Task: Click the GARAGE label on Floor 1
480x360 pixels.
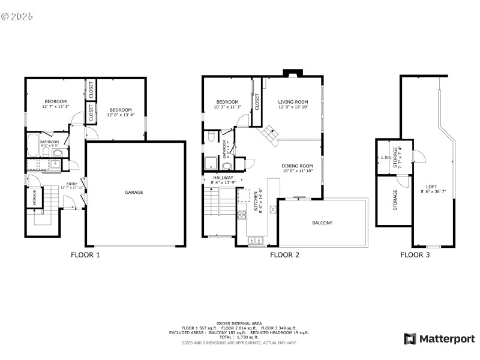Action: [133, 193]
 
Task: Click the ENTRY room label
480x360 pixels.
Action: [71, 184]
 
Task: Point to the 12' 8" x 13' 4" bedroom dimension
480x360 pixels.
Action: [120, 115]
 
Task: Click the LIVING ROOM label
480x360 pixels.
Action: [293, 102]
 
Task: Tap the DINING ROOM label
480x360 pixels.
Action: [298, 166]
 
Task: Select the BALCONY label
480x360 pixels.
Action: [322, 223]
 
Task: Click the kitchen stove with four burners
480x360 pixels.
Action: [243, 214]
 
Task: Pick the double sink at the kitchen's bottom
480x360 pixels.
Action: [256, 241]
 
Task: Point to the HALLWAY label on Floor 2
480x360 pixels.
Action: [223, 178]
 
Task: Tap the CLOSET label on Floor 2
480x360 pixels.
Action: [257, 103]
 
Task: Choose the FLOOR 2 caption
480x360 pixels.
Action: [284, 254]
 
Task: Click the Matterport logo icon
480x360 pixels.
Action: [410, 339]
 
